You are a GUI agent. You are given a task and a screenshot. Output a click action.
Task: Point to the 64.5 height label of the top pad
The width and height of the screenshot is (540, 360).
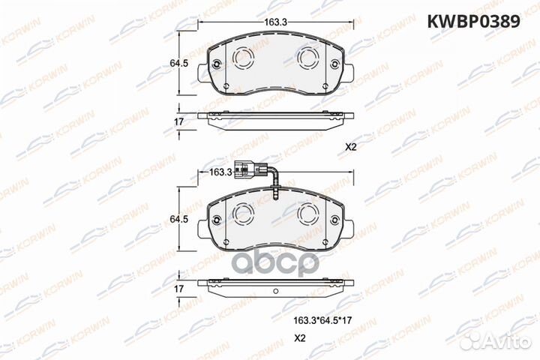pos(169,65)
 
